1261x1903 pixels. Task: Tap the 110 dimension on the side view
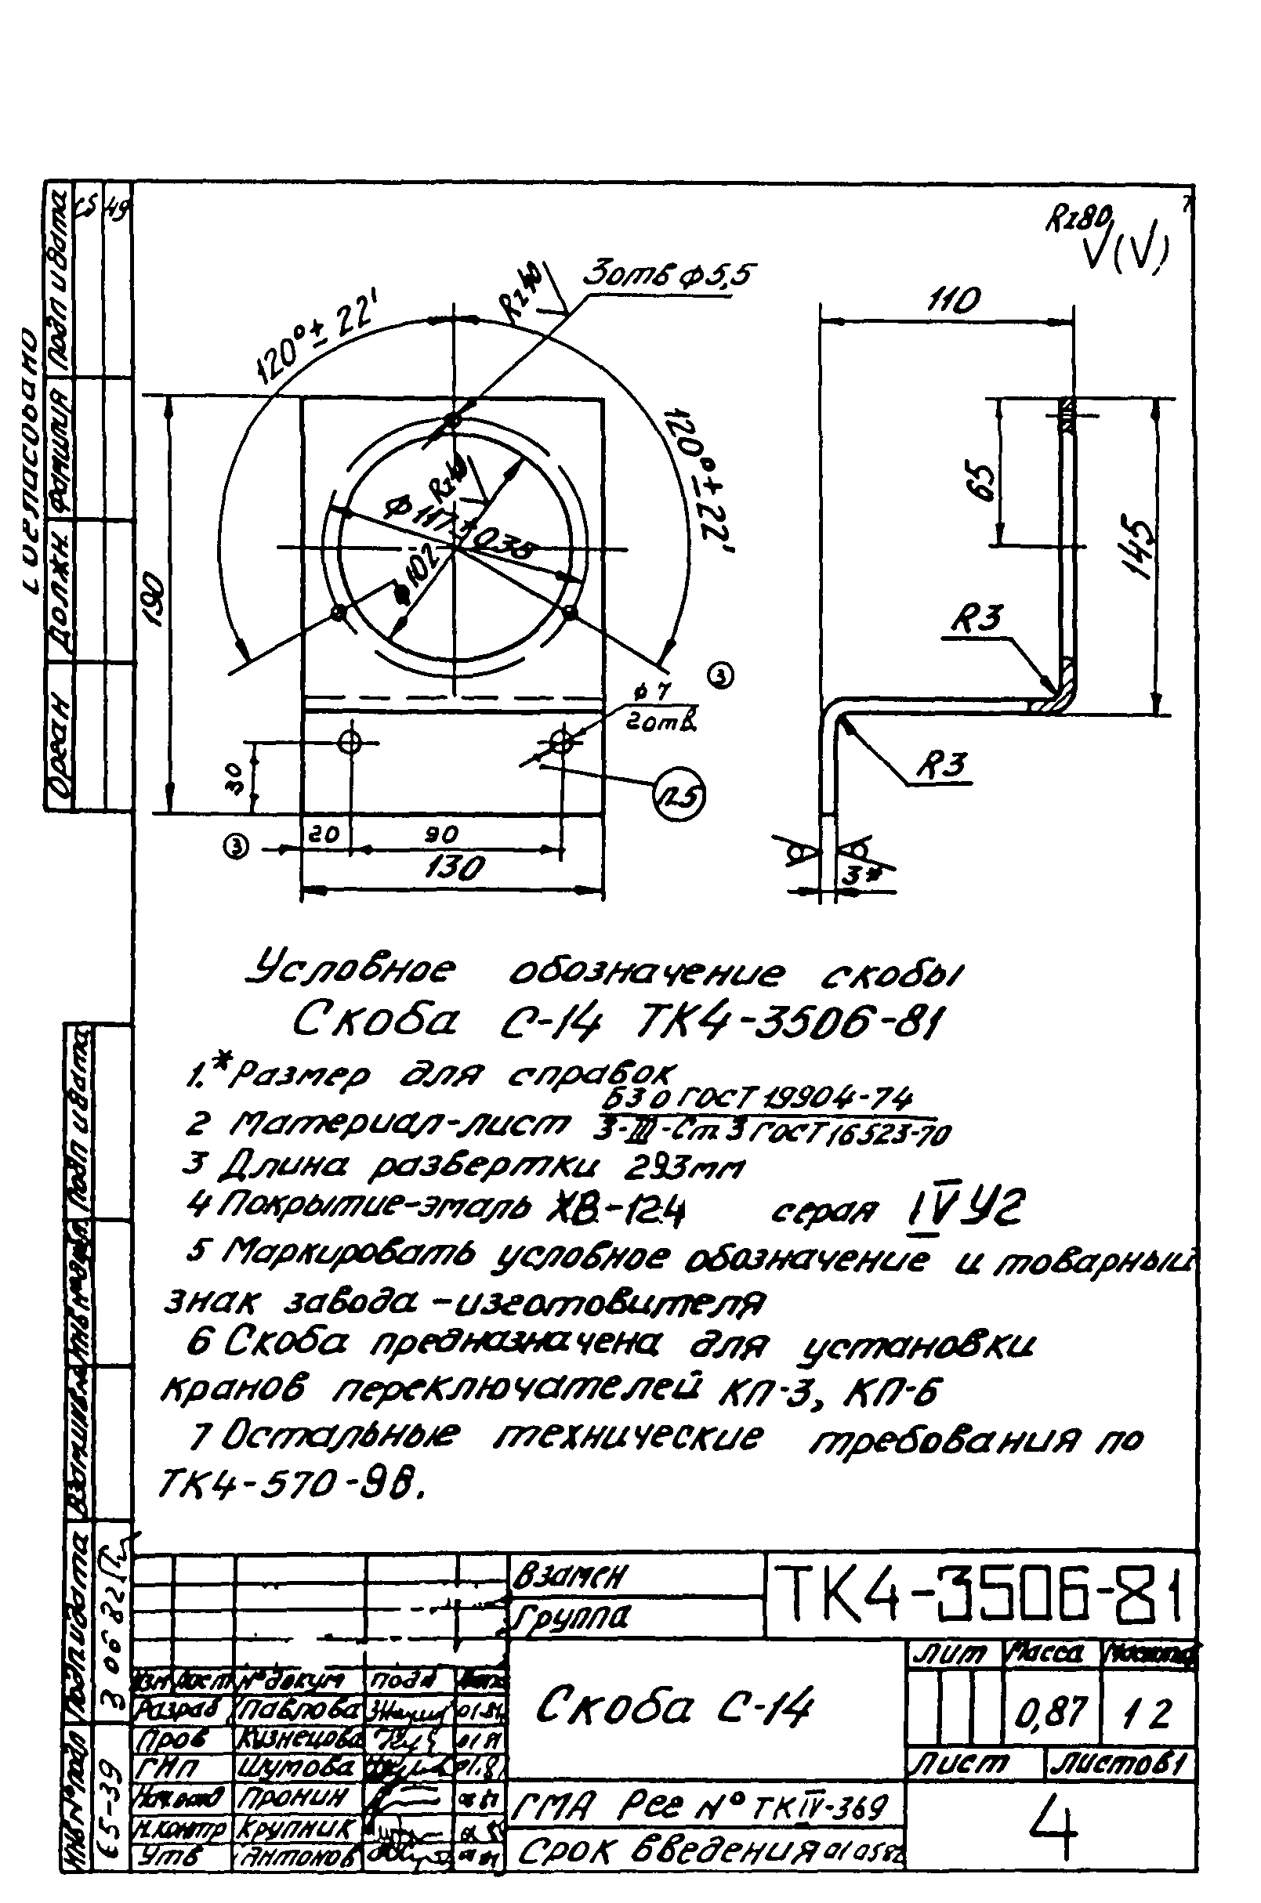click(x=955, y=302)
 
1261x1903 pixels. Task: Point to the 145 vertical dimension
click(x=1140, y=547)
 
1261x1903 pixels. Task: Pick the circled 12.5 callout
click(x=680, y=796)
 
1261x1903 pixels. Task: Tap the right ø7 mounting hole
click(x=561, y=741)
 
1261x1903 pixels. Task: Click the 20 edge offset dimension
click(x=325, y=834)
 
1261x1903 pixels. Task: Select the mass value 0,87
click(x=1050, y=1715)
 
